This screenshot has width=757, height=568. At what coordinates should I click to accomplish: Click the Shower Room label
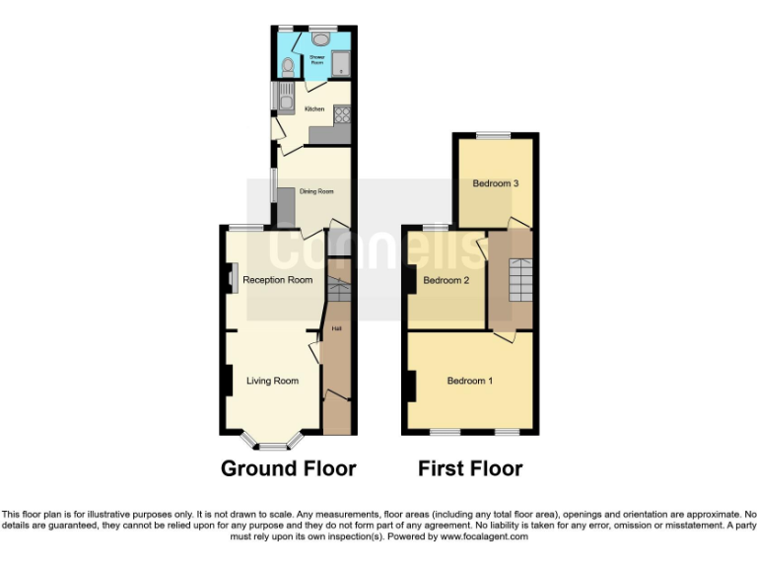click(317, 58)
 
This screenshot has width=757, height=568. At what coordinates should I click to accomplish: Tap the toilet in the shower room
click(286, 67)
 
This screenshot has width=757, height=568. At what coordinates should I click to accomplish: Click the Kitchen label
click(314, 108)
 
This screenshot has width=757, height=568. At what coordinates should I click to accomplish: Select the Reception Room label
click(278, 280)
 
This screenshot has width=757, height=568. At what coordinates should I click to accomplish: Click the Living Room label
click(272, 381)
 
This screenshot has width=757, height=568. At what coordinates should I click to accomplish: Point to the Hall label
click(336, 327)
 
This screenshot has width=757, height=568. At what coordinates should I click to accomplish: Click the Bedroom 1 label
click(471, 382)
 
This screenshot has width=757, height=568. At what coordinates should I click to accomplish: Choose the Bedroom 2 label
click(446, 281)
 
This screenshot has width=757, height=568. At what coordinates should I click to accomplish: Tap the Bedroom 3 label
click(495, 183)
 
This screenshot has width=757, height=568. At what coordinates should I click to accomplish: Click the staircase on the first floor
click(520, 279)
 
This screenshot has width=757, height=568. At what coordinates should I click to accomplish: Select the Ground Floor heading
click(288, 468)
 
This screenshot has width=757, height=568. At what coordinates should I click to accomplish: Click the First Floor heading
click(470, 468)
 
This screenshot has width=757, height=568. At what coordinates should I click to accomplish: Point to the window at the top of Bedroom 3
click(495, 135)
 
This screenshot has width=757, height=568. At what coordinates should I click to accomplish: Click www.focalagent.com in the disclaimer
click(484, 537)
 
